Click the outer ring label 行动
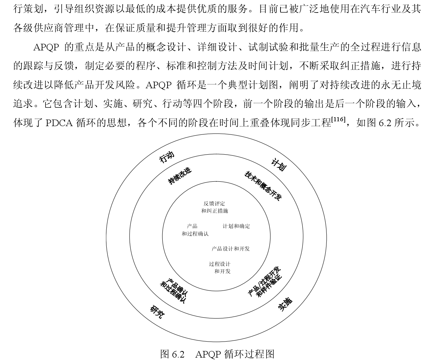pyautogui.click(x=166, y=158)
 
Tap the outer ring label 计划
pyautogui.click(x=278, y=164)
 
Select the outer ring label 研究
pyautogui.click(x=157, y=312)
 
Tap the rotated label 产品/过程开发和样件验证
pyautogui.click(x=265, y=282)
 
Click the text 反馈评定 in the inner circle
pyautogui.click(x=214, y=204)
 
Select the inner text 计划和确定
pyautogui.click(x=236, y=226)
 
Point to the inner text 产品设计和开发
pyautogui.click(x=231, y=249)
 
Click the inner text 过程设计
pyautogui.click(x=220, y=264)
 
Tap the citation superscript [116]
pyautogui.click(x=338, y=120)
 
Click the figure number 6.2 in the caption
pyautogui.click(x=178, y=354)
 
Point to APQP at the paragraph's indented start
pyautogui.click(x=46, y=47)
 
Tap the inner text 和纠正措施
pyautogui.click(x=215, y=211)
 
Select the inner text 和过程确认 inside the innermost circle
pyautogui.click(x=195, y=234)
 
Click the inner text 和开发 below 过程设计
pyautogui.click(x=222, y=271)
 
